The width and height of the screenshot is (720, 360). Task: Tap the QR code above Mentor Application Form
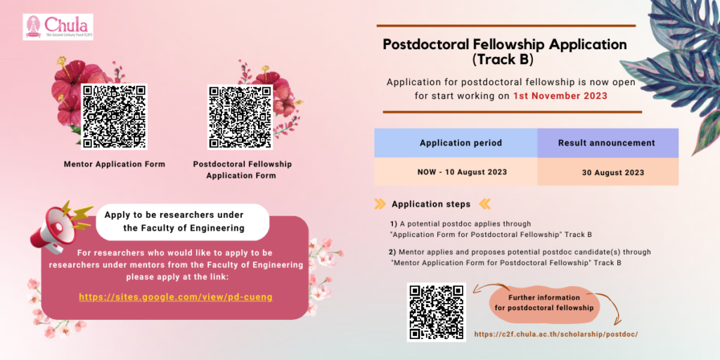114,116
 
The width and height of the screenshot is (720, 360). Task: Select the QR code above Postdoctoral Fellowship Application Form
240,116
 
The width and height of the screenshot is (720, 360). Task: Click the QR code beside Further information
436,312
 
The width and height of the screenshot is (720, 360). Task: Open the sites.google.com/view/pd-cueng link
176,297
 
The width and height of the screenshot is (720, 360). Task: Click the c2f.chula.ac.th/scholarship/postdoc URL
556,334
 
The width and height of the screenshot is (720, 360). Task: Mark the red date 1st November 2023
560,96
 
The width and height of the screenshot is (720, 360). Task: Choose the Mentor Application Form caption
115,164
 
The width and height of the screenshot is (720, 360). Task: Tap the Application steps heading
431,204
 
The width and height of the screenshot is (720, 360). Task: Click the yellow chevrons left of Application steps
380,204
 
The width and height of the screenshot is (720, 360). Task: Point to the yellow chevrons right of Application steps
484,204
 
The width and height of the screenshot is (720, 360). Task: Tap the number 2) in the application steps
392,252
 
